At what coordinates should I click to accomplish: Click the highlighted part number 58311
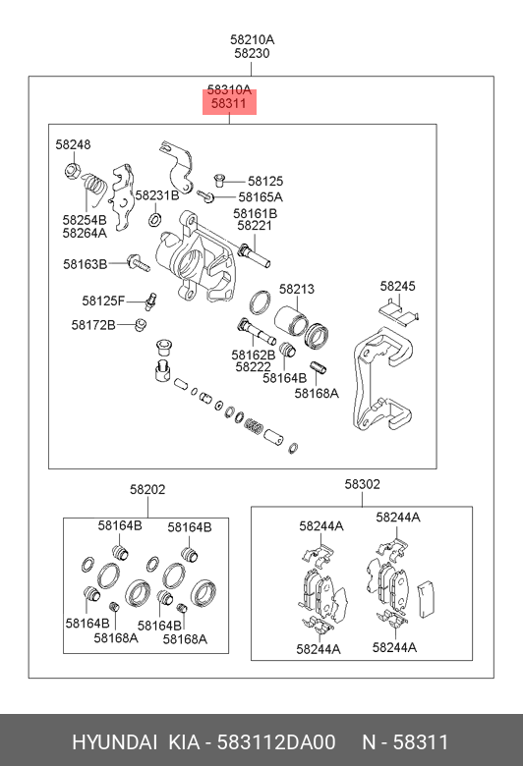point(228,103)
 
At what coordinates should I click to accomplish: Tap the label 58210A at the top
point(252,39)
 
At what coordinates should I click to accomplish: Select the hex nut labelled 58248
point(73,171)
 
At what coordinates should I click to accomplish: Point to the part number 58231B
point(157,195)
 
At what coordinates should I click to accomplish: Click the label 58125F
point(103,301)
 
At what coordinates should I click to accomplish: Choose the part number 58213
point(297,289)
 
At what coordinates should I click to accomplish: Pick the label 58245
point(397,286)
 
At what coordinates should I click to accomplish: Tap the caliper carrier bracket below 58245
point(382,381)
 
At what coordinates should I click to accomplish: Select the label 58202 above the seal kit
point(147,489)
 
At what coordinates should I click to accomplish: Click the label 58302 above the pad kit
point(362,484)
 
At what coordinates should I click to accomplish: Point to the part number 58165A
point(261,196)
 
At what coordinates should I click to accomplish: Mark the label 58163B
point(85,264)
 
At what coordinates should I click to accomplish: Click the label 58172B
point(93,325)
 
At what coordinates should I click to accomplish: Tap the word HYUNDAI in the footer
point(114,742)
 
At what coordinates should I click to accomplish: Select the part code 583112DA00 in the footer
point(276,742)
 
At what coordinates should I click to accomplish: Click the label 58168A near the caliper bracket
point(317,393)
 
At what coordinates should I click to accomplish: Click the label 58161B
point(255,213)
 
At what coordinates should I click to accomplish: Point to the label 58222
point(253,367)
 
